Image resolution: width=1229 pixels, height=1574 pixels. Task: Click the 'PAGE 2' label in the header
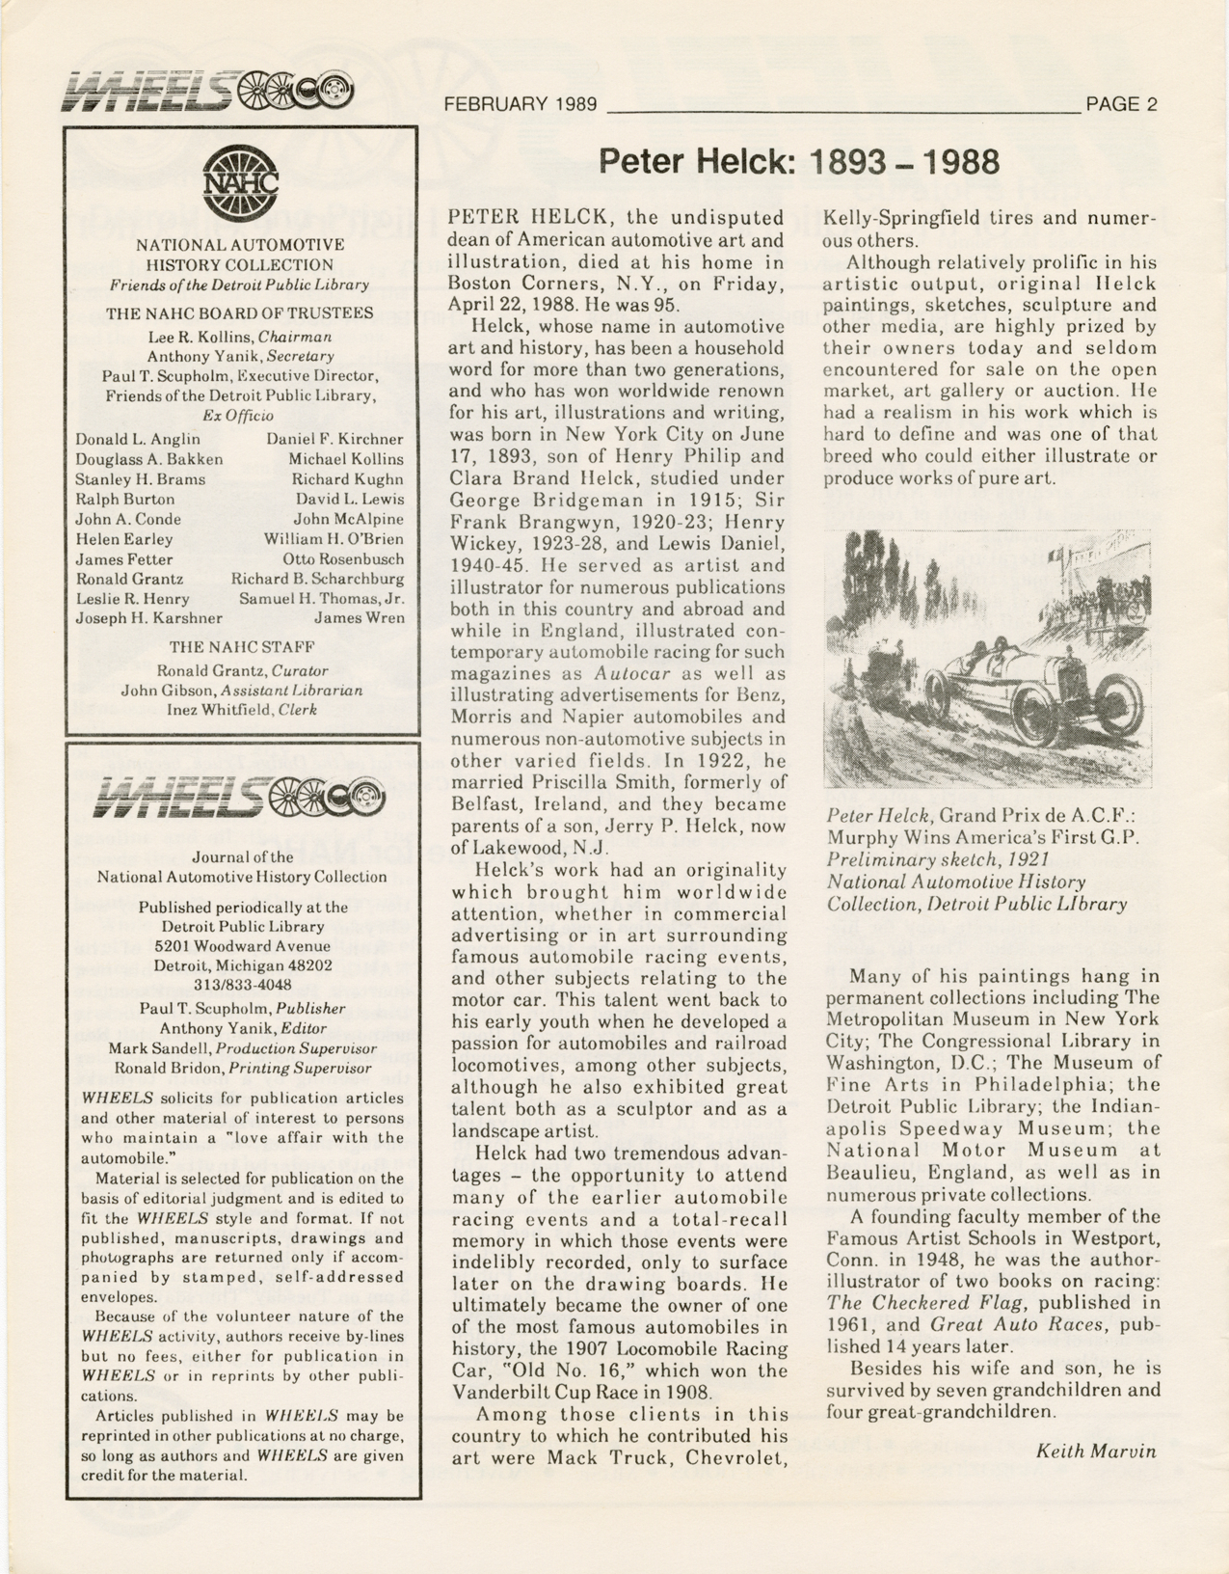coord(1121,105)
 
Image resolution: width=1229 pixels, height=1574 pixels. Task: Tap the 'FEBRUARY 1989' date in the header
coord(521,105)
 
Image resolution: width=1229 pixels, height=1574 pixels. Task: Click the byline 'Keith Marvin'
coord(1096,1451)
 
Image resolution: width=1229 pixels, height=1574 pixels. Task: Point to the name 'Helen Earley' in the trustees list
coord(124,539)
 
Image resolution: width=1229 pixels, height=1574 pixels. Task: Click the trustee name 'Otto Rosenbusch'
coord(343,559)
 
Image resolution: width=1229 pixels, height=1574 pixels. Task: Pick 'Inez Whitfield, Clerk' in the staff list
coord(242,710)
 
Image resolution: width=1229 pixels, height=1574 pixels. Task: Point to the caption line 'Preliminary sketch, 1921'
coord(938,858)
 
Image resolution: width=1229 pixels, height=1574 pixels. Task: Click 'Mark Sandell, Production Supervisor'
coord(242,1048)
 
